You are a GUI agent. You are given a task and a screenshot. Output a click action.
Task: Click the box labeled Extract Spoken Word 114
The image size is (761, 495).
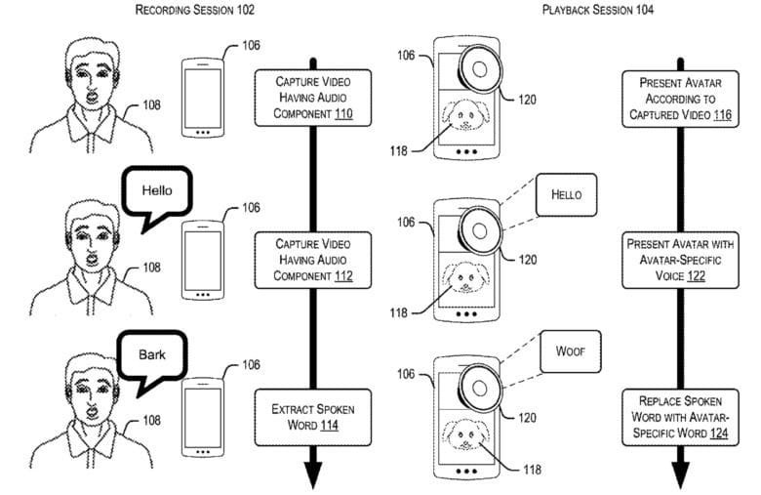point(311,415)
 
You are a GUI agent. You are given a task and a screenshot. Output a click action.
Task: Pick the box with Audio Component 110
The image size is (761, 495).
point(311,97)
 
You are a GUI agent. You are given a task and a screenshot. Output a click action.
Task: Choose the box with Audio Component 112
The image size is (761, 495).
point(311,259)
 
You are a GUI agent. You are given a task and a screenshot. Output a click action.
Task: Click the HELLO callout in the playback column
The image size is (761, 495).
point(567,195)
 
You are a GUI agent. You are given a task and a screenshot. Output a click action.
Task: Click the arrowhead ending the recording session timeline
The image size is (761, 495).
point(312,475)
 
